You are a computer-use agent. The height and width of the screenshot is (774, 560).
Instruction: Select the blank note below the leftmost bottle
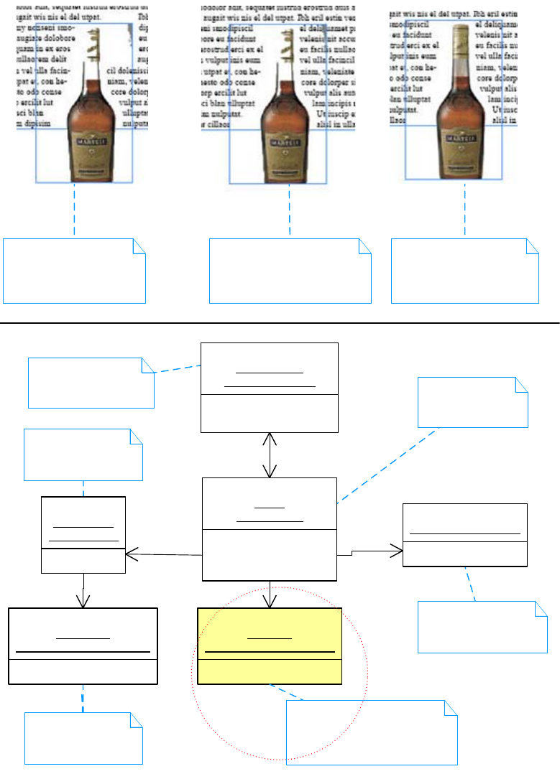[x=74, y=271]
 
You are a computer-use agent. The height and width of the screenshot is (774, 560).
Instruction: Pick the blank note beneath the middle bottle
[x=290, y=271]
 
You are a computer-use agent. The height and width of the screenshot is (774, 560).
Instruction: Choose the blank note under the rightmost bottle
[x=464, y=271]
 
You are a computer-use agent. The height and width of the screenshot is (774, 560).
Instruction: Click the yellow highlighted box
[x=269, y=646]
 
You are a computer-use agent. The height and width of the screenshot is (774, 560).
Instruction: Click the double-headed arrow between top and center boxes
[x=270, y=454]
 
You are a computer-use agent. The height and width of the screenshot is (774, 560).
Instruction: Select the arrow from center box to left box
[x=164, y=554]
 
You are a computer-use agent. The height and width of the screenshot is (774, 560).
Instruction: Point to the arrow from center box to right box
[x=369, y=551]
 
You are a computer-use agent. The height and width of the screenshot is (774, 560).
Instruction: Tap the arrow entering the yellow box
[x=270, y=595]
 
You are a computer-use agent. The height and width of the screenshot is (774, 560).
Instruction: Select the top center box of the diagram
[x=269, y=387]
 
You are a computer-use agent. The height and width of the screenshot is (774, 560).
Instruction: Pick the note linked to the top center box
[x=91, y=383]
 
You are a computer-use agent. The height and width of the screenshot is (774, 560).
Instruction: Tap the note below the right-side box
[x=482, y=626]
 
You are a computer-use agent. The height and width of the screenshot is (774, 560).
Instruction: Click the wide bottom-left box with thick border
[x=83, y=646]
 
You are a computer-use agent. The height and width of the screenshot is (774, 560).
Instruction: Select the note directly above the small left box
[x=83, y=454]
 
